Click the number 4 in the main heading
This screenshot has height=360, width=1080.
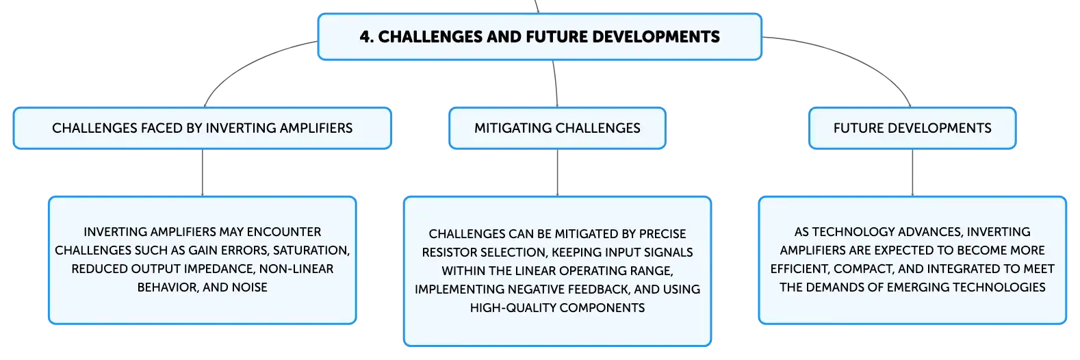366,37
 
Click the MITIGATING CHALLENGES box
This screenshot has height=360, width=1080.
557,128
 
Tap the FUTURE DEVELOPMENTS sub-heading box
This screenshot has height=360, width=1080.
912,128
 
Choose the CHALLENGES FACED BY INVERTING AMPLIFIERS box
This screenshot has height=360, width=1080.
203,128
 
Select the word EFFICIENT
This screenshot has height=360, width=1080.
799,269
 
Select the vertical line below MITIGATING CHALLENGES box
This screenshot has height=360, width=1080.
557,172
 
